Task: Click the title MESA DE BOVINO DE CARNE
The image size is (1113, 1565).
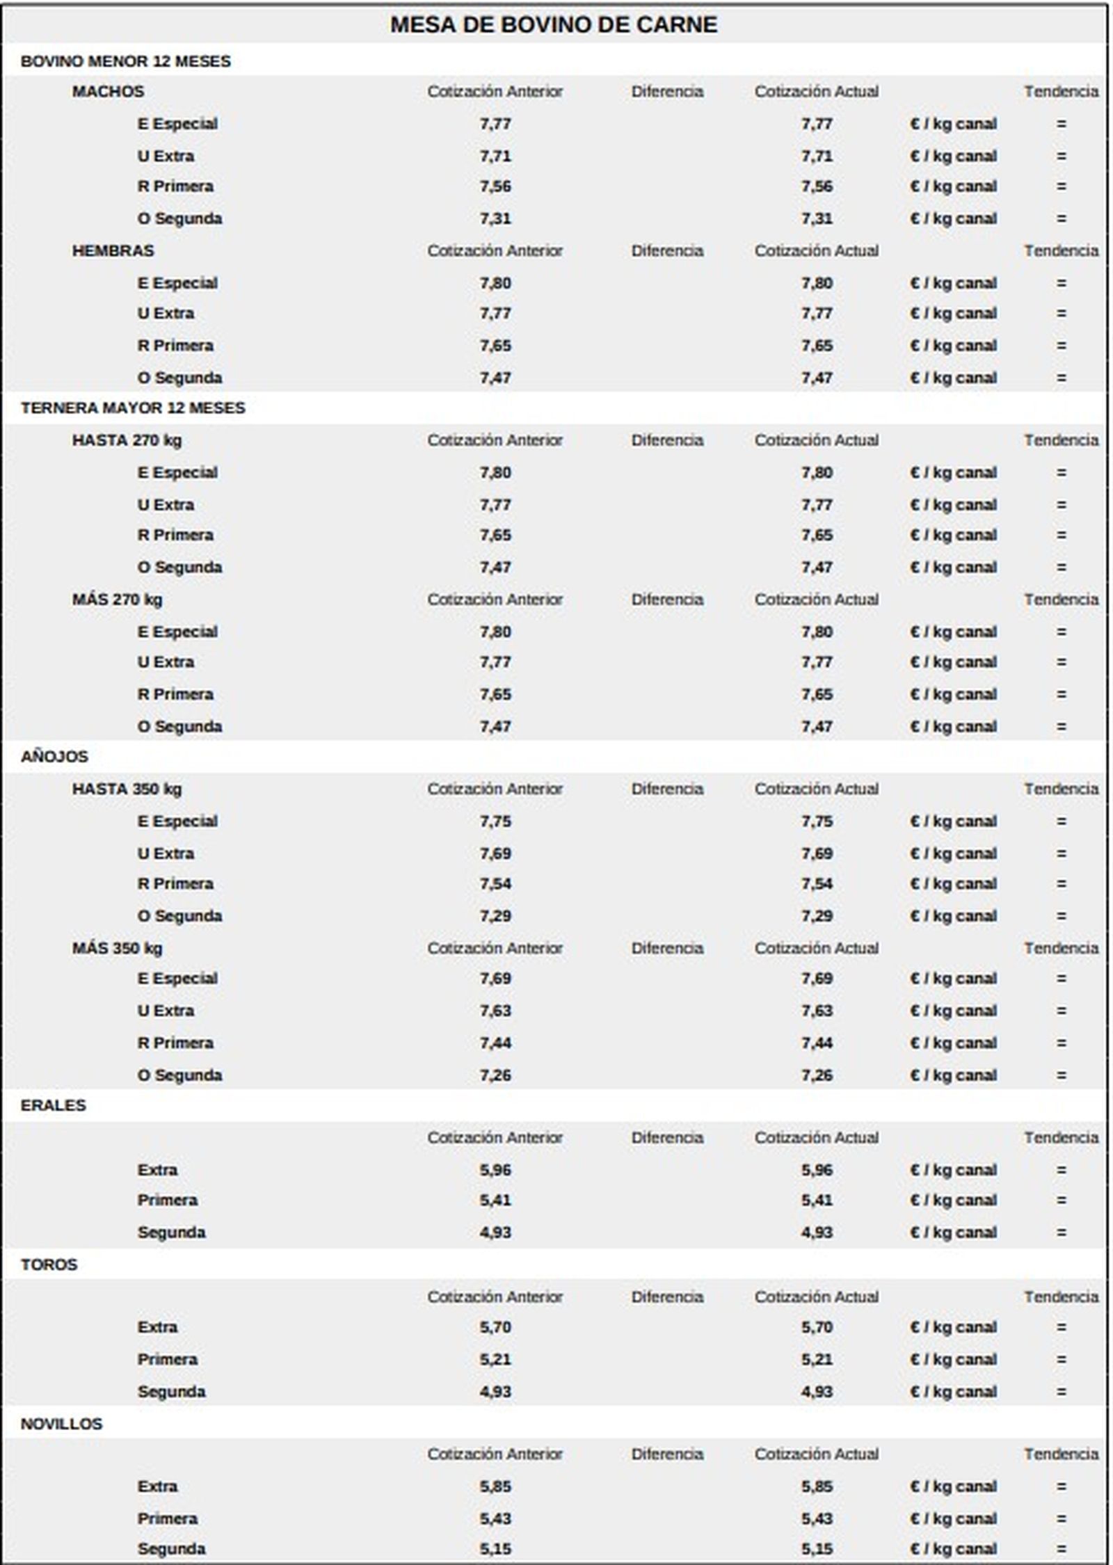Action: (553, 25)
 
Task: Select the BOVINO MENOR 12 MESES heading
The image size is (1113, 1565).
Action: (125, 61)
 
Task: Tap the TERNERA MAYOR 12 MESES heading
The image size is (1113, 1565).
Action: (133, 408)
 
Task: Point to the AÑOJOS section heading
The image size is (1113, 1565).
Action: (54, 757)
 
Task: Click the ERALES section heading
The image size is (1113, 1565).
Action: (53, 1105)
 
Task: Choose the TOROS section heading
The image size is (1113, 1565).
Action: (49, 1265)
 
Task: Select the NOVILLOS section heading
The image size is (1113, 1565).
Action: (61, 1424)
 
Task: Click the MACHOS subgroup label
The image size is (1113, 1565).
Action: (108, 91)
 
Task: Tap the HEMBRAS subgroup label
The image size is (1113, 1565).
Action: (113, 250)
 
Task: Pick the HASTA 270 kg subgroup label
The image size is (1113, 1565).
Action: (127, 440)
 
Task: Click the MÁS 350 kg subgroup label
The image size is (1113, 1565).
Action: (117, 948)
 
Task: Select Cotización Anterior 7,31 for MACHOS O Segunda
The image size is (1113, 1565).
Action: (495, 218)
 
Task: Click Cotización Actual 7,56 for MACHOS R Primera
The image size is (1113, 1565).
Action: (816, 186)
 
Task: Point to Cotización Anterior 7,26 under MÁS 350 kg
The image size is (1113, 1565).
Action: (495, 1075)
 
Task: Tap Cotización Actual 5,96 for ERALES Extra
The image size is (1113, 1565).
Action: (816, 1170)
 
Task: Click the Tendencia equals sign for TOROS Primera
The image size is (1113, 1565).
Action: (1061, 1359)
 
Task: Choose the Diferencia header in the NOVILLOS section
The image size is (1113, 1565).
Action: (667, 1454)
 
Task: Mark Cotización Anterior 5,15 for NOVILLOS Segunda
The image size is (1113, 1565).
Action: (495, 1548)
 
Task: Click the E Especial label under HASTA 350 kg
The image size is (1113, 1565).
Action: (177, 821)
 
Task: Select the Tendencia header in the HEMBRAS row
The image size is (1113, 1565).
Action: (1061, 250)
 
